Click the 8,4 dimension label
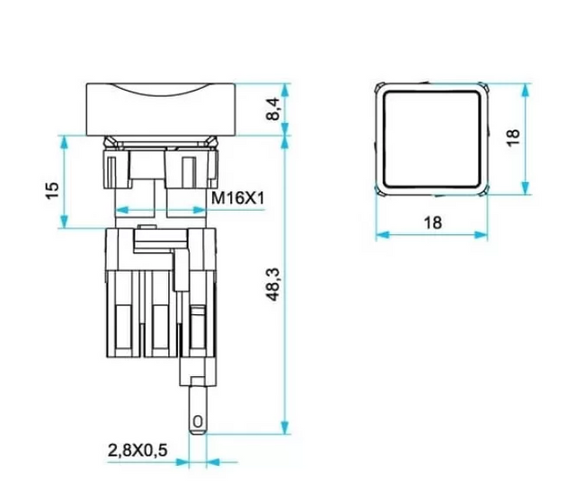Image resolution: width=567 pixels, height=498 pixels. [x=274, y=109]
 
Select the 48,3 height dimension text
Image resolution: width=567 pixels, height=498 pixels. [x=274, y=284]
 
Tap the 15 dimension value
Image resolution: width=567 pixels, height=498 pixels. [x=53, y=190]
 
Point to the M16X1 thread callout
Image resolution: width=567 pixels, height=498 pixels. [x=238, y=198]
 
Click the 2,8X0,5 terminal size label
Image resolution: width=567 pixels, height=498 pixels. [x=137, y=450]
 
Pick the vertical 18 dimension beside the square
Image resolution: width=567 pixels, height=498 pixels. [x=513, y=137]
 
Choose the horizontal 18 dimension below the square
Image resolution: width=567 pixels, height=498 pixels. [x=433, y=223]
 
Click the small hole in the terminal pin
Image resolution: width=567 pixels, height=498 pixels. [x=198, y=422]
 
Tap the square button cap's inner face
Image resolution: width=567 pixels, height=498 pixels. [x=431, y=139]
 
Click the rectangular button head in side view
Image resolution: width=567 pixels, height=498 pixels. [x=161, y=109]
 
